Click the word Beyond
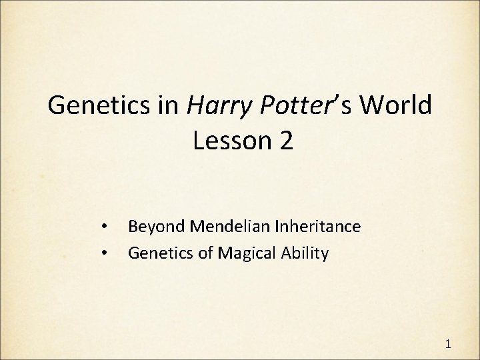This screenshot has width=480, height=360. click(x=152, y=227)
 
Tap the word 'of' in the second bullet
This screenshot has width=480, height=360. click(x=198, y=253)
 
